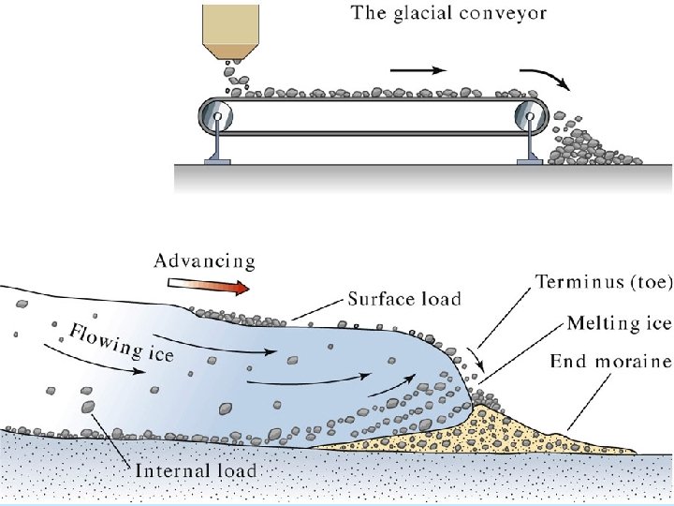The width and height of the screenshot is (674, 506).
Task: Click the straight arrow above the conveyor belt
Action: tap(415, 69)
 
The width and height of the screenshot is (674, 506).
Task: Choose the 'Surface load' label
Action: tap(404, 300)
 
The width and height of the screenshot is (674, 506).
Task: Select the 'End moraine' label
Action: tap(609, 361)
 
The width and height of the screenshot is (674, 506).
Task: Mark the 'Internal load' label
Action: tap(196, 470)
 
